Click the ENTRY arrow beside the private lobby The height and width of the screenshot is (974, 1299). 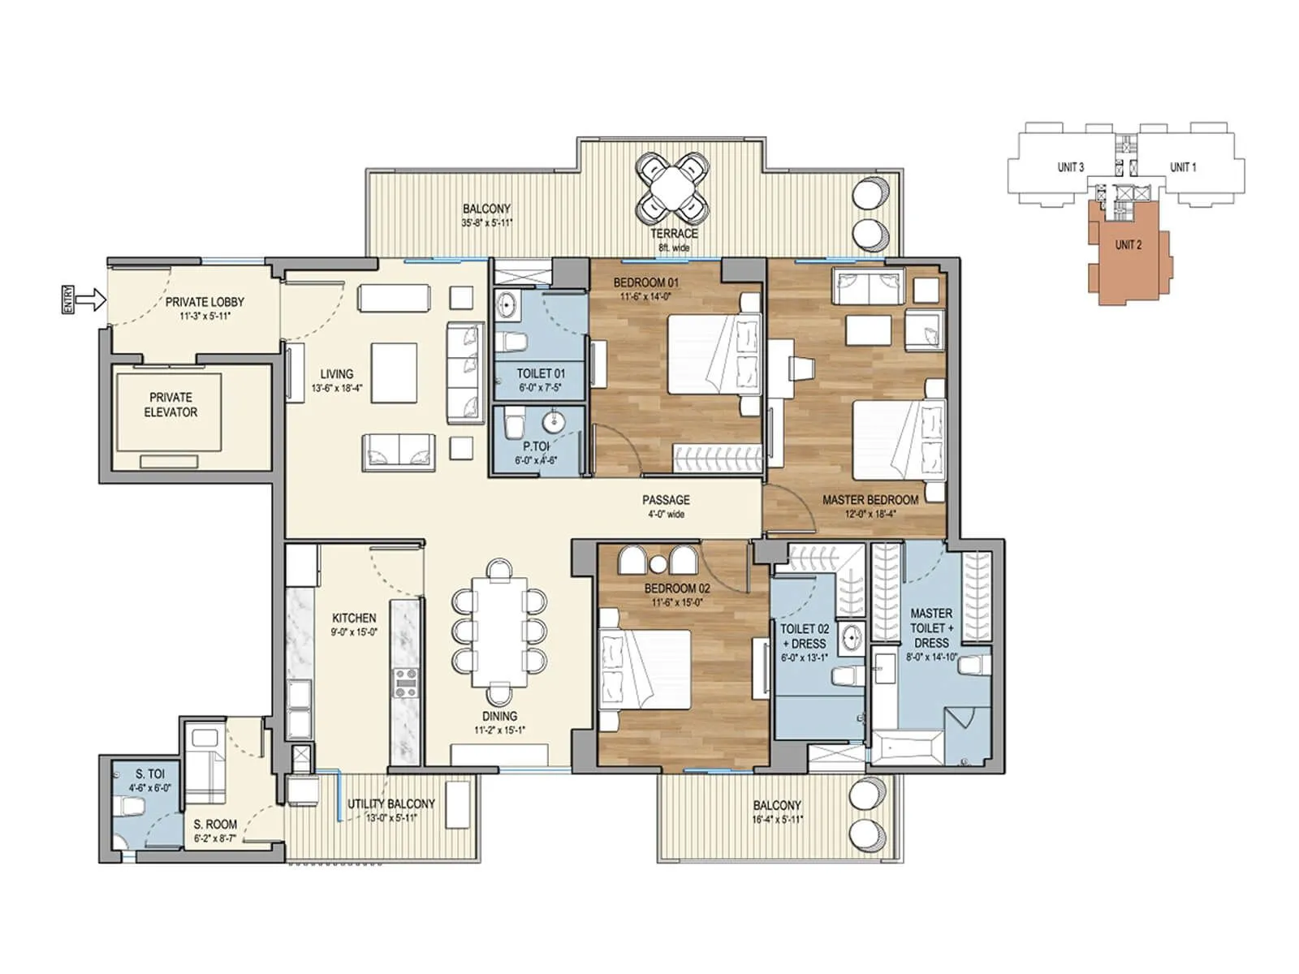click(x=94, y=300)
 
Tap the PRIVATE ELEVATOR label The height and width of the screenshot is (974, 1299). click(x=170, y=404)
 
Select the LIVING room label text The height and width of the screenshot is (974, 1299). click(x=336, y=374)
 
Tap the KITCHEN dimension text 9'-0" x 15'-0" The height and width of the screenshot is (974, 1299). click(x=354, y=632)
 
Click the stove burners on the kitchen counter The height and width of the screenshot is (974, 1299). click(x=406, y=683)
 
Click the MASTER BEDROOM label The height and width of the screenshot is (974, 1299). click(x=870, y=500)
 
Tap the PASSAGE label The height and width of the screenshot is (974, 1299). click(x=666, y=500)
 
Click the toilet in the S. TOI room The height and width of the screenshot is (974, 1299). click(x=131, y=806)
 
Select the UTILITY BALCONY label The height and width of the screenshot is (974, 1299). click(x=391, y=804)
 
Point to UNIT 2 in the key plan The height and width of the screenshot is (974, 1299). click(x=1129, y=244)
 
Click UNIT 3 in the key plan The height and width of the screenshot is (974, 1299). click(x=1070, y=167)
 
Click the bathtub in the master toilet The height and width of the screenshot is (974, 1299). click(x=908, y=745)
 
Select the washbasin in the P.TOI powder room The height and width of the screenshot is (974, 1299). click(x=555, y=423)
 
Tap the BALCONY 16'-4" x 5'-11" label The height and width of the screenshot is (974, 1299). click(x=777, y=805)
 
